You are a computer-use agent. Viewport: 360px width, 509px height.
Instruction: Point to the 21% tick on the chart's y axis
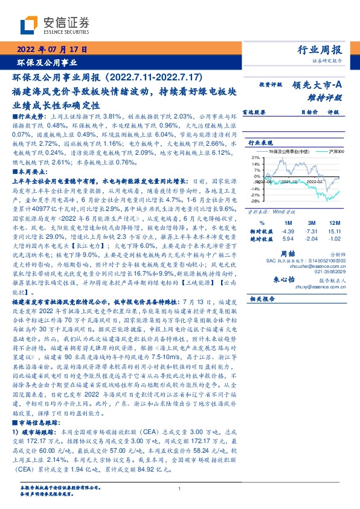coord(256,156)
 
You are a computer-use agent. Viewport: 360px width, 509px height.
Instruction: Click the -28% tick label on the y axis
coord(256,201)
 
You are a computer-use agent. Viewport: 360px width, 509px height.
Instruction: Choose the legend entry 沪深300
coord(335,151)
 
